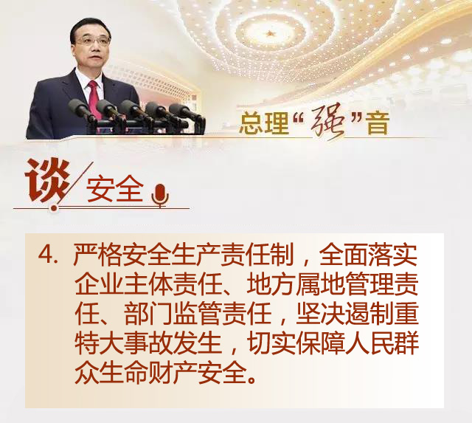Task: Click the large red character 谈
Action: tap(47, 181)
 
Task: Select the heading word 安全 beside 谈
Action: tap(115, 189)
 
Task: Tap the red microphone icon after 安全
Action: tap(160, 195)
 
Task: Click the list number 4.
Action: tap(47, 255)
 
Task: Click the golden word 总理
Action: tap(264, 123)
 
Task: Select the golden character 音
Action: tap(378, 123)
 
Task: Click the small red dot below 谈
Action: tap(54, 208)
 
